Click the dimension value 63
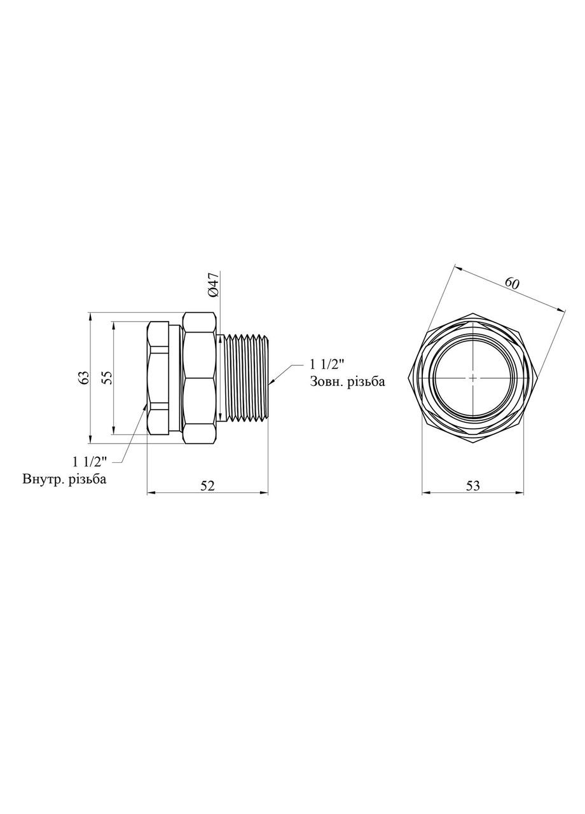(83, 377)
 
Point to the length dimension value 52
(207, 485)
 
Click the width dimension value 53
(473, 485)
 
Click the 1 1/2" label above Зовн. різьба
(327, 364)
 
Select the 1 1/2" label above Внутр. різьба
(90, 461)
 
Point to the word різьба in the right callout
(368, 382)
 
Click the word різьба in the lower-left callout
(89, 479)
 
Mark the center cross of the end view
(473, 377)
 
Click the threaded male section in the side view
(245, 377)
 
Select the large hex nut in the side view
(200, 377)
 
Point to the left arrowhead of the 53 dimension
(425, 492)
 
